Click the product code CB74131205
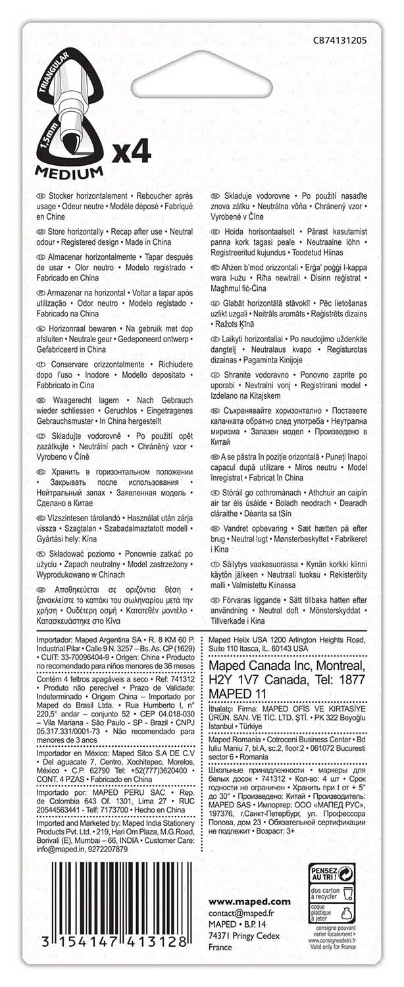click(x=340, y=40)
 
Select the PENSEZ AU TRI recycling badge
click(x=332, y=874)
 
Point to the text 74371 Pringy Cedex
click(x=243, y=936)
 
